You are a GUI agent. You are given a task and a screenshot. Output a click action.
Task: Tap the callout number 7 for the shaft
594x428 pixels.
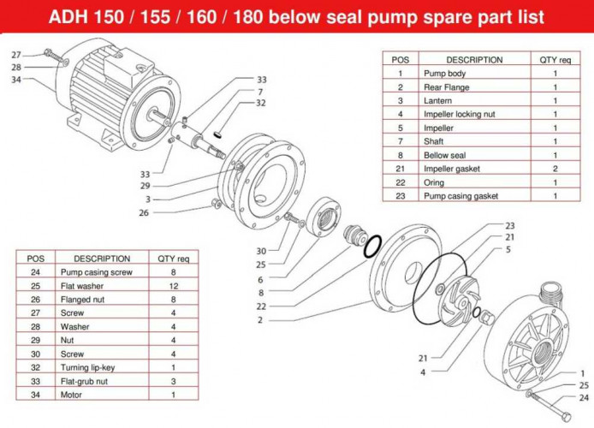click(x=260, y=92)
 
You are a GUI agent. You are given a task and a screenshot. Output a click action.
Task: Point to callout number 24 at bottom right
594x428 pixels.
click(x=584, y=397)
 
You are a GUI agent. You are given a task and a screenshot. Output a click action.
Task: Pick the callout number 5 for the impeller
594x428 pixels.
click(x=507, y=249)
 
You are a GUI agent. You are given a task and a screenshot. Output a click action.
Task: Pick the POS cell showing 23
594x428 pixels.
click(x=400, y=196)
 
